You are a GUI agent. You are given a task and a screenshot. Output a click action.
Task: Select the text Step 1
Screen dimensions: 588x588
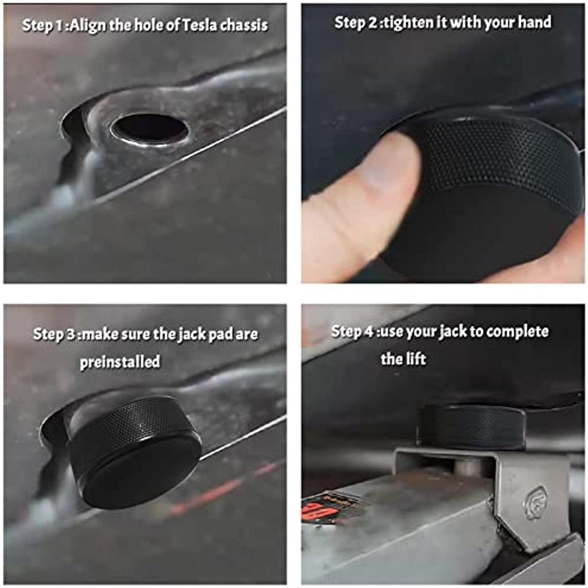(43, 26)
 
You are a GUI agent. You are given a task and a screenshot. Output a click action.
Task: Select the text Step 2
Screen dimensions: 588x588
(356, 22)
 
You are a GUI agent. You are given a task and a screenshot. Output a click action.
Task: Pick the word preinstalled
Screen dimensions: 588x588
(120, 362)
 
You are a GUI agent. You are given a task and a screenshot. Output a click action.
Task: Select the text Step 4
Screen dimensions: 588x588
(353, 331)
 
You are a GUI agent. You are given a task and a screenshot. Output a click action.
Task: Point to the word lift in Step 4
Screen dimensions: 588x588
(416, 359)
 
